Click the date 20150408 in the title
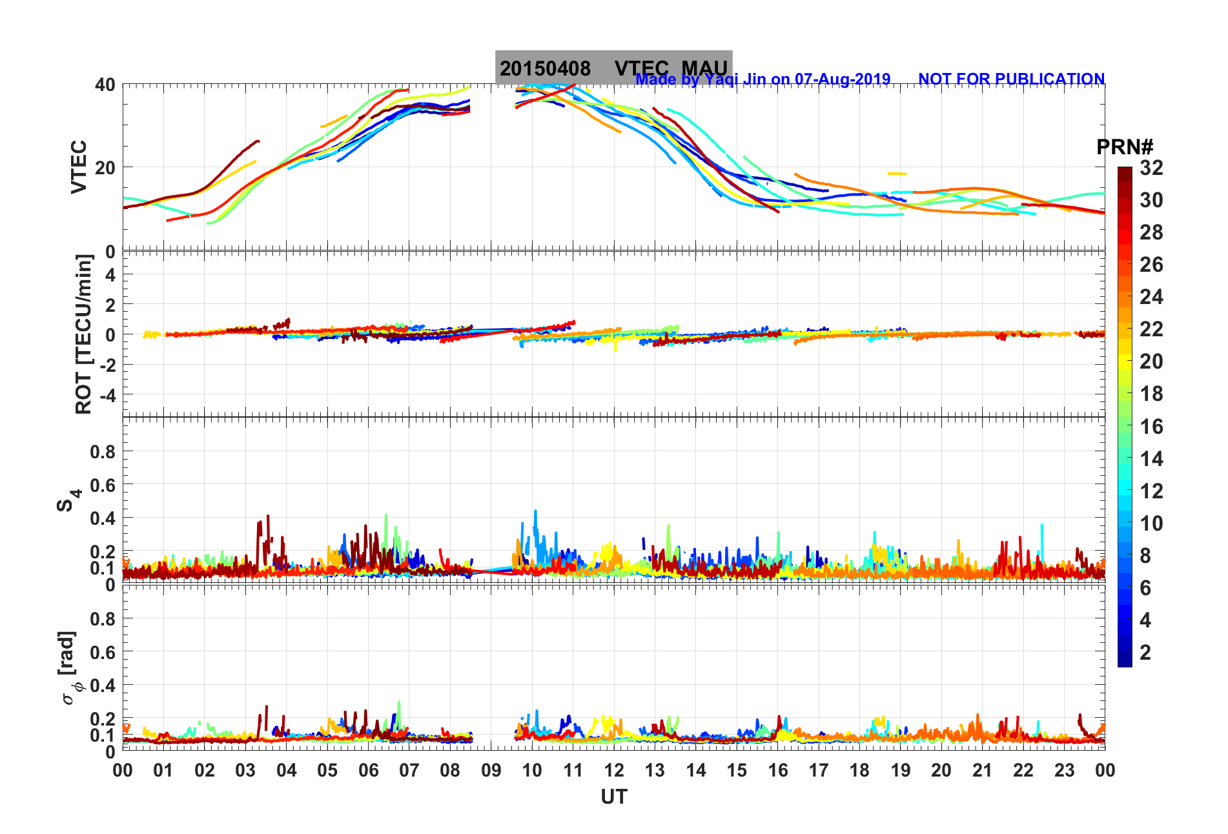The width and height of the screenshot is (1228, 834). (545, 68)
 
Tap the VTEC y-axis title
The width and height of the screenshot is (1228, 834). (78, 167)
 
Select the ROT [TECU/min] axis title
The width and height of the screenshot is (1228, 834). (83, 334)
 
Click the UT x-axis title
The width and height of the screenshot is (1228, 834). (613, 797)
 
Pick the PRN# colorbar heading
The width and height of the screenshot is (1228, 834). (1125, 147)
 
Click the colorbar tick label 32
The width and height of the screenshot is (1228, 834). (1151, 168)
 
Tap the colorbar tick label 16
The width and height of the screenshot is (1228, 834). (1151, 426)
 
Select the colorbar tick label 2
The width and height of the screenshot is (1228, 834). (1145, 652)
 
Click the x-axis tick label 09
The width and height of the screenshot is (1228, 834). (491, 770)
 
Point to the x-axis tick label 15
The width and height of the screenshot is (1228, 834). (737, 770)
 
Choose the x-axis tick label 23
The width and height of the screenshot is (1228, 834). (1064, 770)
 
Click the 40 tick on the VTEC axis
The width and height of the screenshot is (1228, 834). (105, 85)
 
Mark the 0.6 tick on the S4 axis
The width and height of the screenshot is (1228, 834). (103, 485)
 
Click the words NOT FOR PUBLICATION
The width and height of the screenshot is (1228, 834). (1011, 79)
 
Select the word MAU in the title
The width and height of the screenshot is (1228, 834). (704, 68)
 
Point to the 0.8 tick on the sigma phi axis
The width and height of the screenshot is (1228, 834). (103, 618)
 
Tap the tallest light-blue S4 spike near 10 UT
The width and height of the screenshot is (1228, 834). (535, 513)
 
